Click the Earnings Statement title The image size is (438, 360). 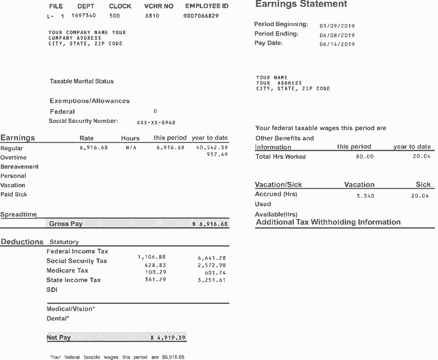click(x=301, y=5)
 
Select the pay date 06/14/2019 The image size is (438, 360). click(x=337, y=44)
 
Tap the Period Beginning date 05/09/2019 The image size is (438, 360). click(x=337, y=26)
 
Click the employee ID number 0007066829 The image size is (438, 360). click(x=201, y=16)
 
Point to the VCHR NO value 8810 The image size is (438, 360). click(x=152, y=16)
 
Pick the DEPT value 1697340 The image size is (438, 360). click(x=83, y=16)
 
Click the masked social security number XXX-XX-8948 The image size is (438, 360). click(x=156, y=122)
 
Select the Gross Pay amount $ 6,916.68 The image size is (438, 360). click(x=210, y=224)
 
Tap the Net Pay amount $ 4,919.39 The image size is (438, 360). click(x=168, y=338)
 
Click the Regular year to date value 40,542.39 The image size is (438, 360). click(x=212, y=148)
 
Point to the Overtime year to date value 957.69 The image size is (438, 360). click(x=217, y=155)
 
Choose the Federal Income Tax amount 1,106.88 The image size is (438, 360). click(x=151, y=257)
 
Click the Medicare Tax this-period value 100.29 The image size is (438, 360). click(x=156, y=272)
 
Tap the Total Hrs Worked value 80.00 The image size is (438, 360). click(x=364, y=157)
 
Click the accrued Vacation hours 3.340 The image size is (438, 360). click(x=365, y=196)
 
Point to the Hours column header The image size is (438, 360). click(x=130, y=138)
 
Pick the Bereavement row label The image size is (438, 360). click(x=19, y=167)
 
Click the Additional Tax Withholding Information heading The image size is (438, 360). click(x=328, y=222)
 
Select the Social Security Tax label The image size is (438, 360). click(x=77, y=261)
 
